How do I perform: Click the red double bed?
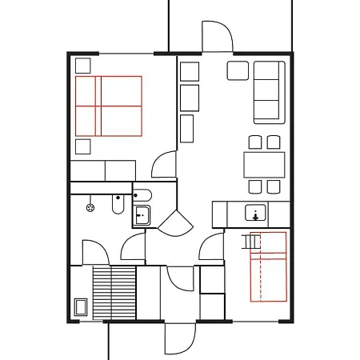(x=109, y=105)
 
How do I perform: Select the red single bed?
(x=268, y=266)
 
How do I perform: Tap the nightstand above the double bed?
(x=83, y=66)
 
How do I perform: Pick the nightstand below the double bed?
(x=83, y=146)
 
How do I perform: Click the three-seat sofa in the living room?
(x=270, y=92)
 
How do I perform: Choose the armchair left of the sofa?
(x=238, y=70)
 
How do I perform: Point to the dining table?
(x=264, y=164)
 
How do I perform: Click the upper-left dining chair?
(x=254, y=142)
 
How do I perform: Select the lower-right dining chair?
(x=274, y=186)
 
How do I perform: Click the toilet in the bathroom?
(x=118, y=206)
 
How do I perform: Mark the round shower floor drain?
(x=90, y=206)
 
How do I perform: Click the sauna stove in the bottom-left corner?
(x=81, y=307)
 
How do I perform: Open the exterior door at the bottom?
(x=179, y=338)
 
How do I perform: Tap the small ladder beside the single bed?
(x=253, y=241)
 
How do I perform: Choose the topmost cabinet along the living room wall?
(x=190, y=70)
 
